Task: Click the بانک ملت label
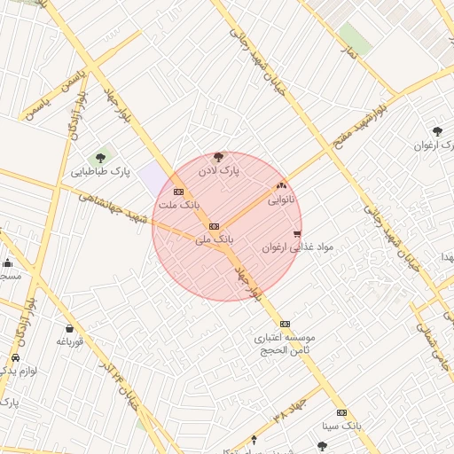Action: (177, 205)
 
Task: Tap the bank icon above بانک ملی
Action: (214, 227)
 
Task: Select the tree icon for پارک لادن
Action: (219, 156)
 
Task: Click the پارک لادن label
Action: (219, 168)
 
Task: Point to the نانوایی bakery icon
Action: (282, 186)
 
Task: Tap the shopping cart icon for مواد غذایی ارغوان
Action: (296, 234)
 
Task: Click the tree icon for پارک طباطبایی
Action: (100, 158)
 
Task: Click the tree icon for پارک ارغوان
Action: (436, 131)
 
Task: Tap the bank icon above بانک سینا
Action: (342, 412)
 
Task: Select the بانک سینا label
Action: (342, 426)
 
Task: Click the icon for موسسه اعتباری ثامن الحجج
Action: (285, 324)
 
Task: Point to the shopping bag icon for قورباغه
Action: (69, 328)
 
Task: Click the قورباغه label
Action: (69, 341)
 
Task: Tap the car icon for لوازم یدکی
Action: (15, 358)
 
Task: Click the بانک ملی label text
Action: (214, 239)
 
